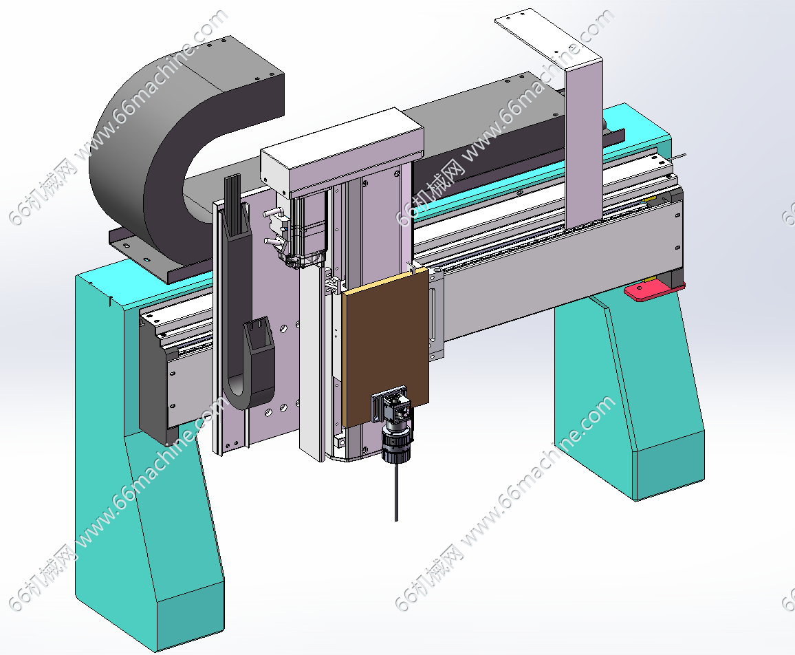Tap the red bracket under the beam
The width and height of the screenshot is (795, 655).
(x=654, y=291)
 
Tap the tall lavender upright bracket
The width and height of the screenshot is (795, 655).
(x=584, y=147)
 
